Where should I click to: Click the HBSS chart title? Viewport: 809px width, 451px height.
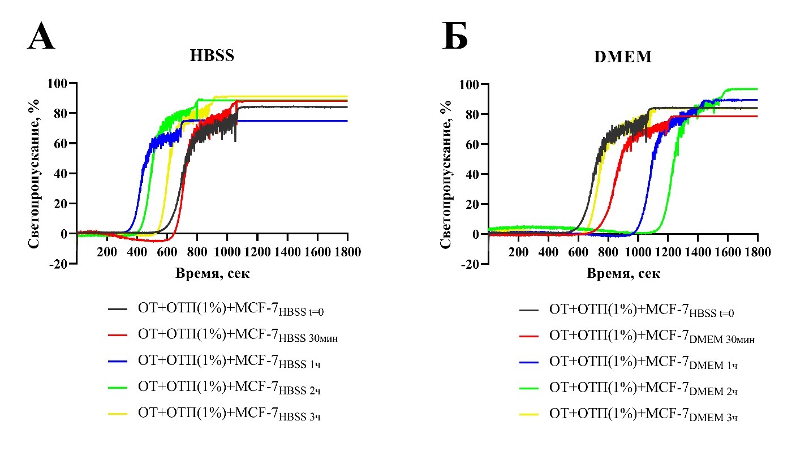coord(212,56)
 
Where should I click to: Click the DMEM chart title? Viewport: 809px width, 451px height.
coord(623,57)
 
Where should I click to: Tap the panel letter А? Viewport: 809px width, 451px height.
coord(41,38)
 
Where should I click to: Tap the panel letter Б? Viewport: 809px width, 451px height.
coord(455,38)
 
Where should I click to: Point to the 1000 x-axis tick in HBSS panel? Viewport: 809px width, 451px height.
coord(227,252)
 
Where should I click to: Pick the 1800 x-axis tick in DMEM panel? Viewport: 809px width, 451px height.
coord(758,252)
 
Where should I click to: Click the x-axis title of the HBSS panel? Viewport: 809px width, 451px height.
coord(212,273)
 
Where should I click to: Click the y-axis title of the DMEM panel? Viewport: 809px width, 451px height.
coord(446,174)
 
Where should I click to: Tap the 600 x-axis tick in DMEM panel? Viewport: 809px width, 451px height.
coord(578,252)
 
